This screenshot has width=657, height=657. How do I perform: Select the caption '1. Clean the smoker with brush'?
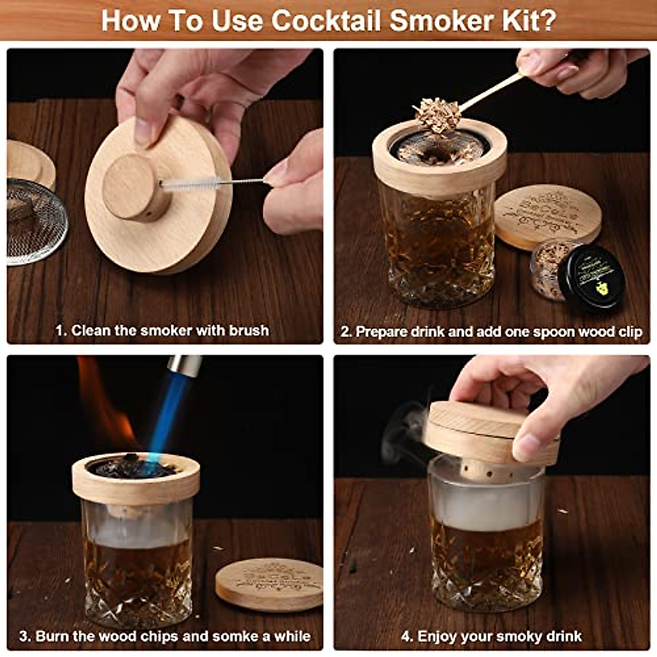[162, 331]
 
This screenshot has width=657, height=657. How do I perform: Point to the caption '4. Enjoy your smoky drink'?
[491, 636]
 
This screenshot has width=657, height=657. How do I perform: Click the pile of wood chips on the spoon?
[435, 115]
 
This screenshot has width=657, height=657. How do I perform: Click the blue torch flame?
[170, 422]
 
